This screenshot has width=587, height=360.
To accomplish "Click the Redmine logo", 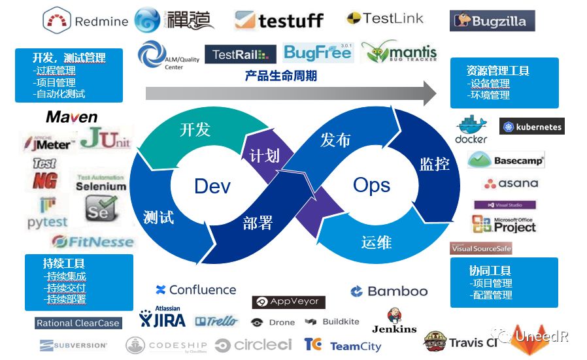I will (86, 21).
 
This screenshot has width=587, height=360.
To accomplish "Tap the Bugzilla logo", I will (492, 21).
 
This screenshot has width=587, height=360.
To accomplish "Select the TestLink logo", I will (385, 18).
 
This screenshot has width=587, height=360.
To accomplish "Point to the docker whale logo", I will (471, 129).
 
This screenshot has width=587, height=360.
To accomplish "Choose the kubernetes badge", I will (531, 127).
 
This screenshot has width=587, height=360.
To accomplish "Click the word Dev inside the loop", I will (212, 186).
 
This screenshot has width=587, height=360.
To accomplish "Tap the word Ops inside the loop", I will (371, 185).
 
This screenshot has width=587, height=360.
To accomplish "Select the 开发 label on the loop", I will (195, 129).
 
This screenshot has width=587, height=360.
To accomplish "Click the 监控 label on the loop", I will (434, 163).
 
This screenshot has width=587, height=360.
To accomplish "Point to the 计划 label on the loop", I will (264, 155).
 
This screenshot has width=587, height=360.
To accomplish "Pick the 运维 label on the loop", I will (376, 242).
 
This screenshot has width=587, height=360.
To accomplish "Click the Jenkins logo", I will (394, 321).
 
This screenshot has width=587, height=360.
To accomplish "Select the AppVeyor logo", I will (288, 302).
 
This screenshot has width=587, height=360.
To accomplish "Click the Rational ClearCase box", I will (78, 323).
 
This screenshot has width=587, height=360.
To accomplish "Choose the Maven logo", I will (72, 118).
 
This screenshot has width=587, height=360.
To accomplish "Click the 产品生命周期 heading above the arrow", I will (281, 76).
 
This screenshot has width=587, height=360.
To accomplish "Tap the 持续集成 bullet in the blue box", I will (65, 276).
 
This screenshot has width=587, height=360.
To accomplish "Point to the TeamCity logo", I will (343, 346).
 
